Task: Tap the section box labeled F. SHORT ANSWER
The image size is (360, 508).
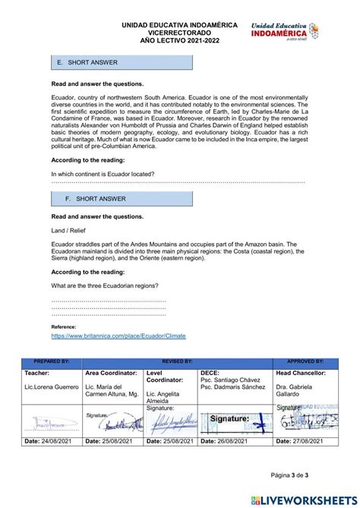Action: pos(122,199)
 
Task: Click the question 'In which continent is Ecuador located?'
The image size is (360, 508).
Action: pos(103,174)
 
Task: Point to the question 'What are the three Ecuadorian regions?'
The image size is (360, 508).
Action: pos(105,286)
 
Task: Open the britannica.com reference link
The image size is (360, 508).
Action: pos(118,336)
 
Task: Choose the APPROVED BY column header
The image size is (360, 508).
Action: pos(305,362)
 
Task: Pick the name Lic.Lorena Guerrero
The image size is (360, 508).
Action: pos(52,387)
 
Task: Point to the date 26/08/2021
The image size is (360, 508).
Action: pos(242,440)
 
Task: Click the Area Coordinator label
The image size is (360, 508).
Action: pos(111,373)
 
